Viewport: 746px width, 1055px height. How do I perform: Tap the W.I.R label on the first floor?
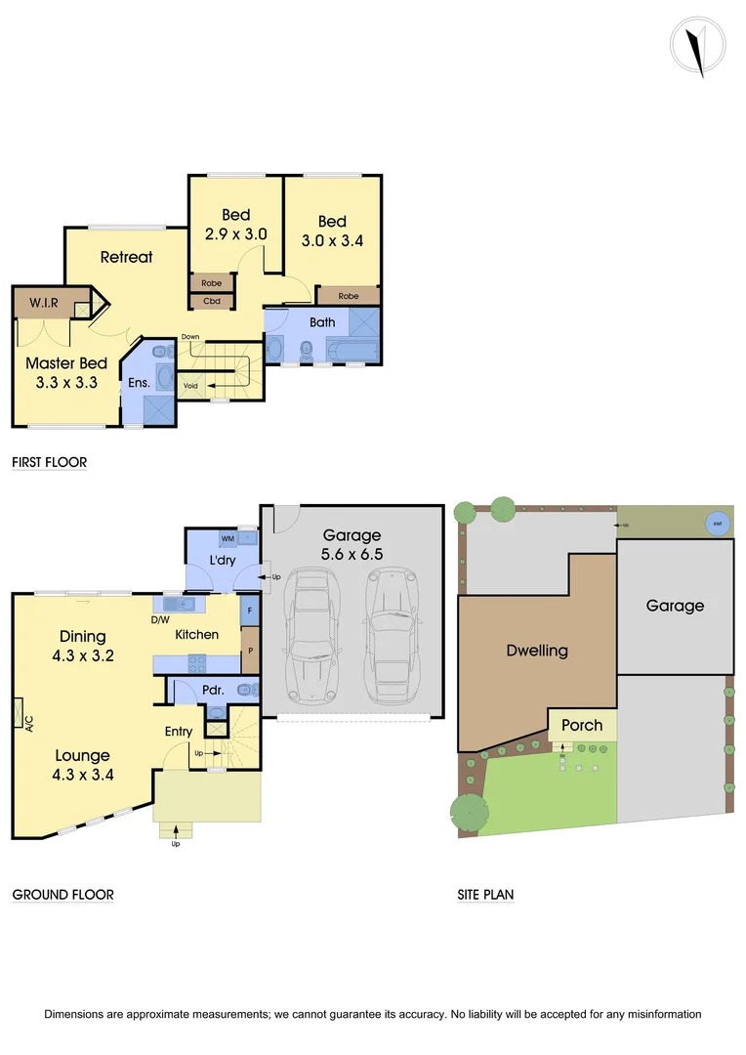coord(44,303)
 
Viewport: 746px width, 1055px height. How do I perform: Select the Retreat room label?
coord(127,257)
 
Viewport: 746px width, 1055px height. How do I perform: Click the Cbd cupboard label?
coord(212,301)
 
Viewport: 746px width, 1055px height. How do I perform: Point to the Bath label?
coord(322,321)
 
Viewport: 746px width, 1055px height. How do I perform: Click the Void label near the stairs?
coord(190,386)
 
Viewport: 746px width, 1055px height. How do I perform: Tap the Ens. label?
coord(139,382)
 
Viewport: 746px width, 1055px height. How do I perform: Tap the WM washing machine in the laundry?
coord(228,538)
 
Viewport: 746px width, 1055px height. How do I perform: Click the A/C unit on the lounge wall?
coord(20,714)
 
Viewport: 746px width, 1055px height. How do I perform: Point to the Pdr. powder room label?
coord(213,690)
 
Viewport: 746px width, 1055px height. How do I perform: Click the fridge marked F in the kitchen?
coord(250,612)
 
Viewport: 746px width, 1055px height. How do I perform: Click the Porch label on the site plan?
coord(582,726)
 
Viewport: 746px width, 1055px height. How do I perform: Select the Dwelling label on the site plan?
coord(536,651)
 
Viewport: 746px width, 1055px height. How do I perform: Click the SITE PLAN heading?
coord(486,894)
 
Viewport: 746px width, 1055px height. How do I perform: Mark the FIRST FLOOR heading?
coord(50,461)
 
